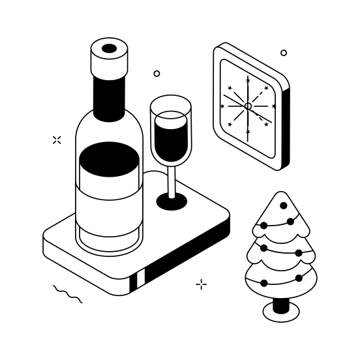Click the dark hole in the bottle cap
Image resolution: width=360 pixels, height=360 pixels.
tap(109, 48)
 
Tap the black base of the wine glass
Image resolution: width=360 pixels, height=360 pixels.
tap(172, 202)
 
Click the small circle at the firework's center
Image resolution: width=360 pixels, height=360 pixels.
tap(248, 106)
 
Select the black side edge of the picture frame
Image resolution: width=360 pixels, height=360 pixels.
tap(286, 130)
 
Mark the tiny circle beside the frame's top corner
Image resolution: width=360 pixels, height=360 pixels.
tap(284, 53)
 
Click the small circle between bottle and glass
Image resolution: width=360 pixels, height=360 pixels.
tap(157, 74)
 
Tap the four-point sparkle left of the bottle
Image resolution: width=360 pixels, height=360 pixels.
tap(57, 140)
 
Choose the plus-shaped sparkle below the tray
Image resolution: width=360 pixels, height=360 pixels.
tap(202, 284)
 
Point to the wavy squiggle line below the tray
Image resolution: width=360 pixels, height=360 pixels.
tap(67, 294)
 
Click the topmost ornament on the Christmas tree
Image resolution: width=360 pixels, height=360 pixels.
tap(283, 205)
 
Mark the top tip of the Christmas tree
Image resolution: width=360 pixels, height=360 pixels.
tap(281, 193)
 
